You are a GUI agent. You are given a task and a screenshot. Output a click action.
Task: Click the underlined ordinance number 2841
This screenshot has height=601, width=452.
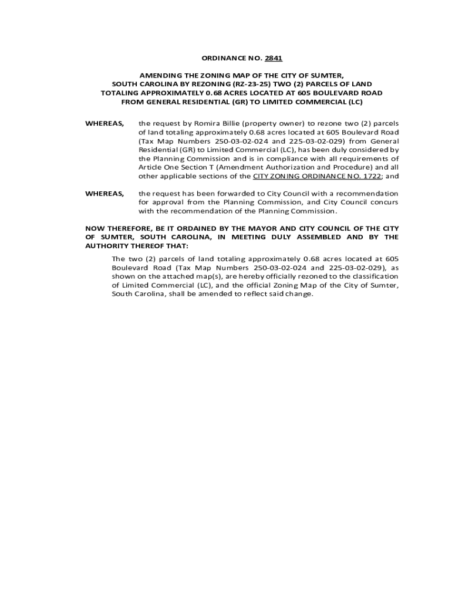coord(274,59)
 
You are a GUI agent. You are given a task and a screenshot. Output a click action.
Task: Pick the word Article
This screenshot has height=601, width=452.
coord(150,167)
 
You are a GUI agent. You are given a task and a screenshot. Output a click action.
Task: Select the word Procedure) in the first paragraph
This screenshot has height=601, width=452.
coord(346,167)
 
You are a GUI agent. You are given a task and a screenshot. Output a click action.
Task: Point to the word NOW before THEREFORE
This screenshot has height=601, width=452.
coord(95,228)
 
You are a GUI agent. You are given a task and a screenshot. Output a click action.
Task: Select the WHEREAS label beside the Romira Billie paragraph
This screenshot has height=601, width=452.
coord(104,124)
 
